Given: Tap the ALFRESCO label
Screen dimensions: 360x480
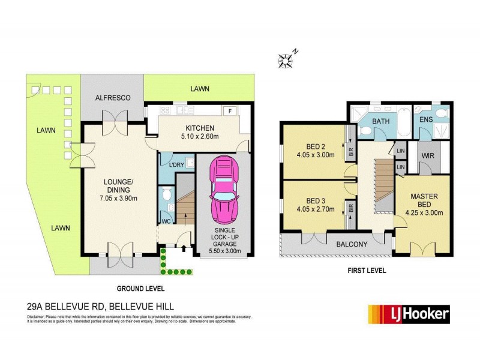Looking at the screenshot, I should pyautogui.click(x=113, y=98).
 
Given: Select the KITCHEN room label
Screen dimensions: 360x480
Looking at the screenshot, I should pyautogui.click(x=200, y=128).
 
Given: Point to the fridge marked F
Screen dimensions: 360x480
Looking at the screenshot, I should pyautogui.click(x=230, y=110).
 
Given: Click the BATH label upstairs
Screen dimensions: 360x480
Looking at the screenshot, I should pyautogui.click(x=380, y=121).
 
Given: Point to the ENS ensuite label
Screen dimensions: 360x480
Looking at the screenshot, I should pyautogui.click(x=426, y=120).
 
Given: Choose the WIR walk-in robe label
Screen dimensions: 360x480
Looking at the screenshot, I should pyautogui.click(x=427, y=156).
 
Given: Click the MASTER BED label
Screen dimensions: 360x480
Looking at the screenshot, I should pyautogui.click(x=424, y=200).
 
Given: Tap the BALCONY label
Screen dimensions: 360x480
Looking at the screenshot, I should pyautogui.click(x=335, y=244).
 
